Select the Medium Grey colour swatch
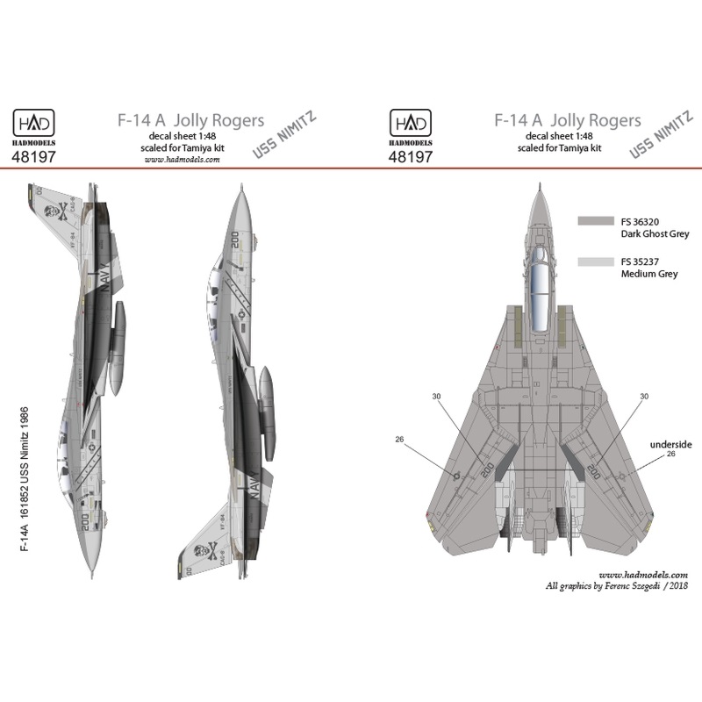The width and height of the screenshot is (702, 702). click(x=596, y=261)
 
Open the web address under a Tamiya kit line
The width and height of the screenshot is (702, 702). click(x=178, y=161)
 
